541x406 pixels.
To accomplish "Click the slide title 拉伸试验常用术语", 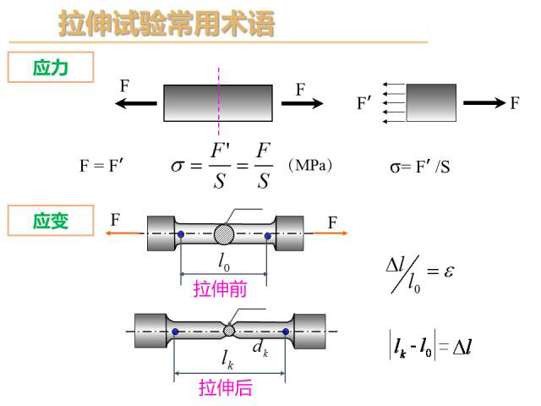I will point(166,25).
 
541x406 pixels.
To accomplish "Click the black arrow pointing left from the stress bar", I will point(136,103).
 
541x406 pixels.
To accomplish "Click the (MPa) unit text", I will point(309,165).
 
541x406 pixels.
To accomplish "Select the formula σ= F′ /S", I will point(419,167).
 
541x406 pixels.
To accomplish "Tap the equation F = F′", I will point(102,166).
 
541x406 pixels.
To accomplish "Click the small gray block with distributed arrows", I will point(431,103).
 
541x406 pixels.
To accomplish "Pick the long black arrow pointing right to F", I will point(484,103).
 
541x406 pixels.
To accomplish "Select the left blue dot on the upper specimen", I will point(181,234).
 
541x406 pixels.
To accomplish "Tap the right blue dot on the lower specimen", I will point(286,332).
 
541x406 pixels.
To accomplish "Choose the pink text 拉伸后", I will point(226,388).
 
